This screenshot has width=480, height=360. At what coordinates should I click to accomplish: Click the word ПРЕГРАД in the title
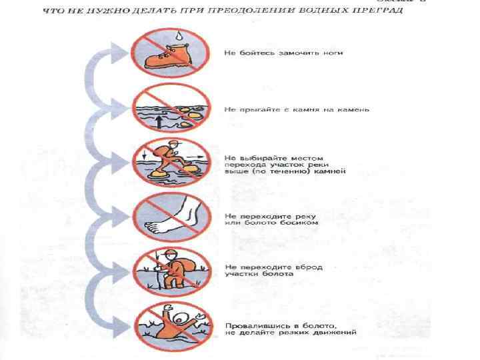coord(377,12)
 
